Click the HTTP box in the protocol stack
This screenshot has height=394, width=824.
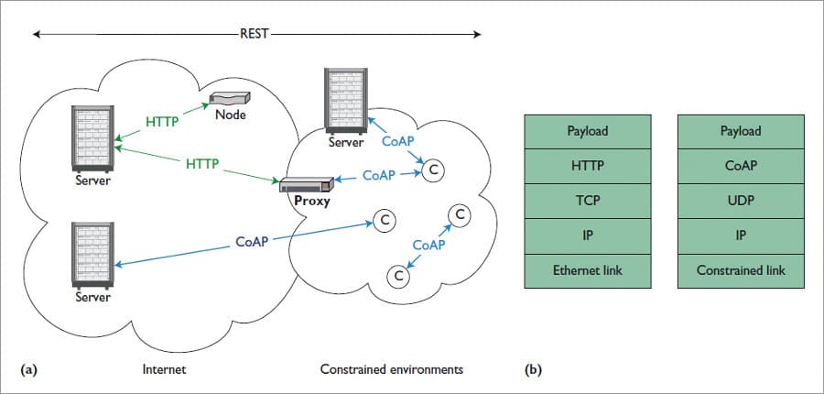(x=587, y=166)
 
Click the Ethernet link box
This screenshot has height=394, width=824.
(x=587, y=270)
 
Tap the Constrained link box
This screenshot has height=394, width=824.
(x=741, y=270)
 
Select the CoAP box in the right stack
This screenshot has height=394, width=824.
(x=741, y=166)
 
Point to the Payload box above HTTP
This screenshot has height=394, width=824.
(x=587, y=131)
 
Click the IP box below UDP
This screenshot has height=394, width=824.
(x=741, y=235)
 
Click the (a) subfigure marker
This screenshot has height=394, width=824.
(x=29, y=370)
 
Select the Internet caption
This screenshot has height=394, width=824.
(x=166, y=370)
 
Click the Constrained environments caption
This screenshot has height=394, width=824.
(x=391, y=370)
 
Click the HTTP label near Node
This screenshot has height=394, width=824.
(x=161, y=120)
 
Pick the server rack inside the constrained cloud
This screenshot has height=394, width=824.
(x=346, y=101)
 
